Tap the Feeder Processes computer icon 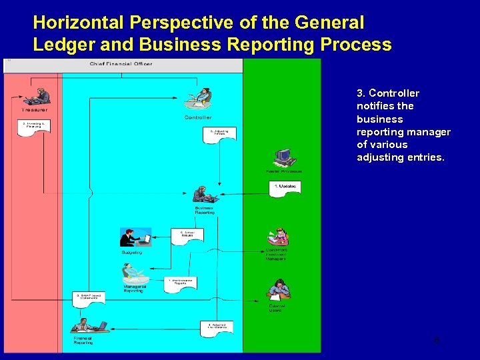coord(285,157)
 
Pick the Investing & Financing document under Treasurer coord(35,127)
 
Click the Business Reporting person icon coord(205,195)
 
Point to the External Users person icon coord(278,289)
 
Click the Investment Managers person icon coord(277,237)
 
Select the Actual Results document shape coord(187,236)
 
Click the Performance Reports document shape coord(180,283)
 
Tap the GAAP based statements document coord(89,298)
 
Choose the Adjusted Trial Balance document coord(217,328)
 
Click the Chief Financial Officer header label coord(121,64)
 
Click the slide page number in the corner coord(436,340)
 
